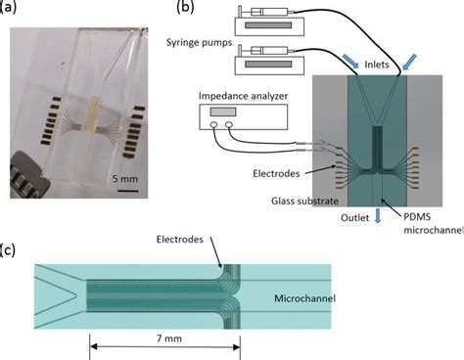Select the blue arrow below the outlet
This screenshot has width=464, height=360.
pos(378,217)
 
